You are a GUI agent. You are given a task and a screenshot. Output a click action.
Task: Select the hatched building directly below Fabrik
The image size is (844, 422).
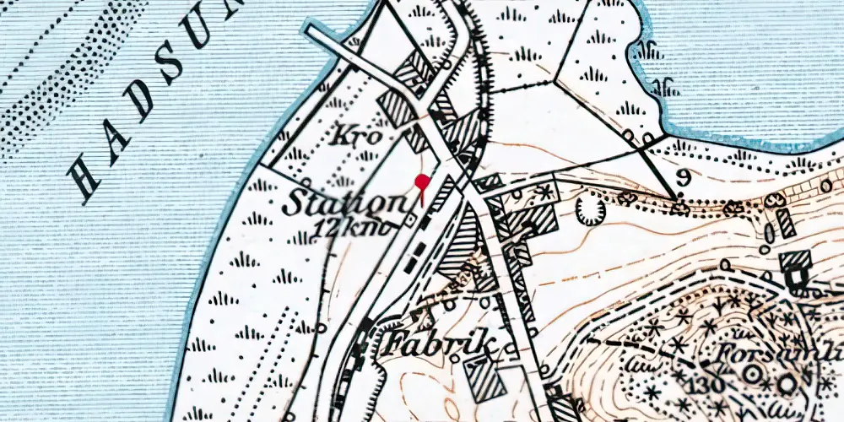point(484,378)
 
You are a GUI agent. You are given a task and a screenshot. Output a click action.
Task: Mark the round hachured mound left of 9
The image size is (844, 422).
point(590,210)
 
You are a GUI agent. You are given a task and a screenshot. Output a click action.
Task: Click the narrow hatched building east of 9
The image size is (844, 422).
point(786,225)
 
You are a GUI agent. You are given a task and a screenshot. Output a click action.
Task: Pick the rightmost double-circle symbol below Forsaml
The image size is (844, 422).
point(787,384)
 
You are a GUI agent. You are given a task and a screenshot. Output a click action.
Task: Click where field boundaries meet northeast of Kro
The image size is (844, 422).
point(555,82)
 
